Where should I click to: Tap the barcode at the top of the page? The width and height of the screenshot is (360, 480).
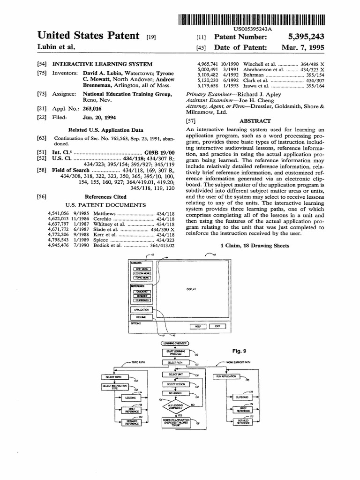252,20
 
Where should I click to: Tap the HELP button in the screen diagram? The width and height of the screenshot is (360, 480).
198,326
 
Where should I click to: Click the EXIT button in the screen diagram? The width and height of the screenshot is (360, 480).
217,326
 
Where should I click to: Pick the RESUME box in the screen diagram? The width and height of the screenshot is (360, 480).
141,317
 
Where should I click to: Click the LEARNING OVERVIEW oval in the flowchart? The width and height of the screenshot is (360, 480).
174,343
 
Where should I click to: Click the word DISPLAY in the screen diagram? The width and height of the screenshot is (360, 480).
191,289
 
